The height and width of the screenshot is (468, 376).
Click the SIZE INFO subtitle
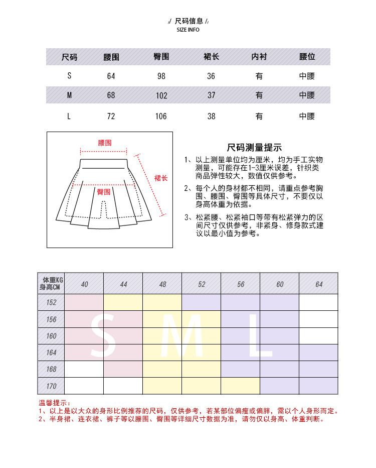point(188,30)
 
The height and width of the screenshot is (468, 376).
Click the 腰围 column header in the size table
point(111,57)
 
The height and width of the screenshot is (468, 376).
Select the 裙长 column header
point(211,57)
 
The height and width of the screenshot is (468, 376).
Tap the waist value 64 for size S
point(111,76)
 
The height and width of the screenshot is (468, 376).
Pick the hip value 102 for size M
point(161,96)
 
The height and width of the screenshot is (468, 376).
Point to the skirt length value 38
point(211,116)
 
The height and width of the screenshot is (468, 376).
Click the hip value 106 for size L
point(161,116)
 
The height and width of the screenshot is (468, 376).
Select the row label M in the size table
point(69,95)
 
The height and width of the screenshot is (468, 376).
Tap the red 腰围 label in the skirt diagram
point(105,143)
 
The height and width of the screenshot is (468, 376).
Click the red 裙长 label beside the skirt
point(161,178)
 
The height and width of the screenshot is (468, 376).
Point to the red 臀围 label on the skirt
point(104,192)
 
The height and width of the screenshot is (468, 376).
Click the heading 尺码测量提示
point(254,148)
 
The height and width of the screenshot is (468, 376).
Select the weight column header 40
point(84,284)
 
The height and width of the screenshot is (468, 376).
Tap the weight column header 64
point(319,284)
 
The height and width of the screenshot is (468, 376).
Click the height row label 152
point(51,302)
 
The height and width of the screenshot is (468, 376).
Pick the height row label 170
point(51,386)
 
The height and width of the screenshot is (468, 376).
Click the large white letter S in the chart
point(104,335)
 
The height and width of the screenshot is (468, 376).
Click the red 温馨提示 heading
point(55,403)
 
